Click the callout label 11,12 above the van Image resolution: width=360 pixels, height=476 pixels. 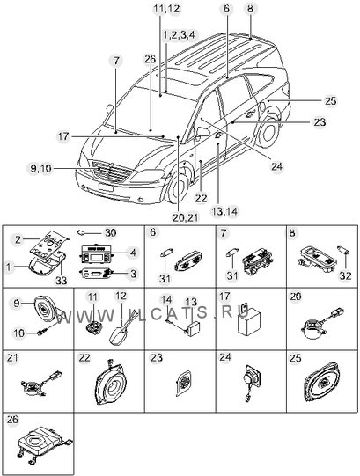pos(166,9)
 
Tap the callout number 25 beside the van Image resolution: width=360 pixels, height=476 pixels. pos(331,100)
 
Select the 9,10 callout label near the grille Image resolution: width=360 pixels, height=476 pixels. pos(41,168)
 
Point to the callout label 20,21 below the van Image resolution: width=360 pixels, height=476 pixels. pos(185,217)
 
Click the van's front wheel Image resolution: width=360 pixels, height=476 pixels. pos(178,188)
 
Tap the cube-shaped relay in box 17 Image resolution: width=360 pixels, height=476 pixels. pos(249,321)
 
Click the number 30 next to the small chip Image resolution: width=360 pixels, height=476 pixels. pos(111,233)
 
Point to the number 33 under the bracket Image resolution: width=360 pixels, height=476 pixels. pos(61,281)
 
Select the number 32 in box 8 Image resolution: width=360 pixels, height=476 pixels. pos(346,275)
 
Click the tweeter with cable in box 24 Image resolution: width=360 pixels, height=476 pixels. pos(251,382)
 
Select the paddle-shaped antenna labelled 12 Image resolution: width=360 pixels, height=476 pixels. pos(119,331)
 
